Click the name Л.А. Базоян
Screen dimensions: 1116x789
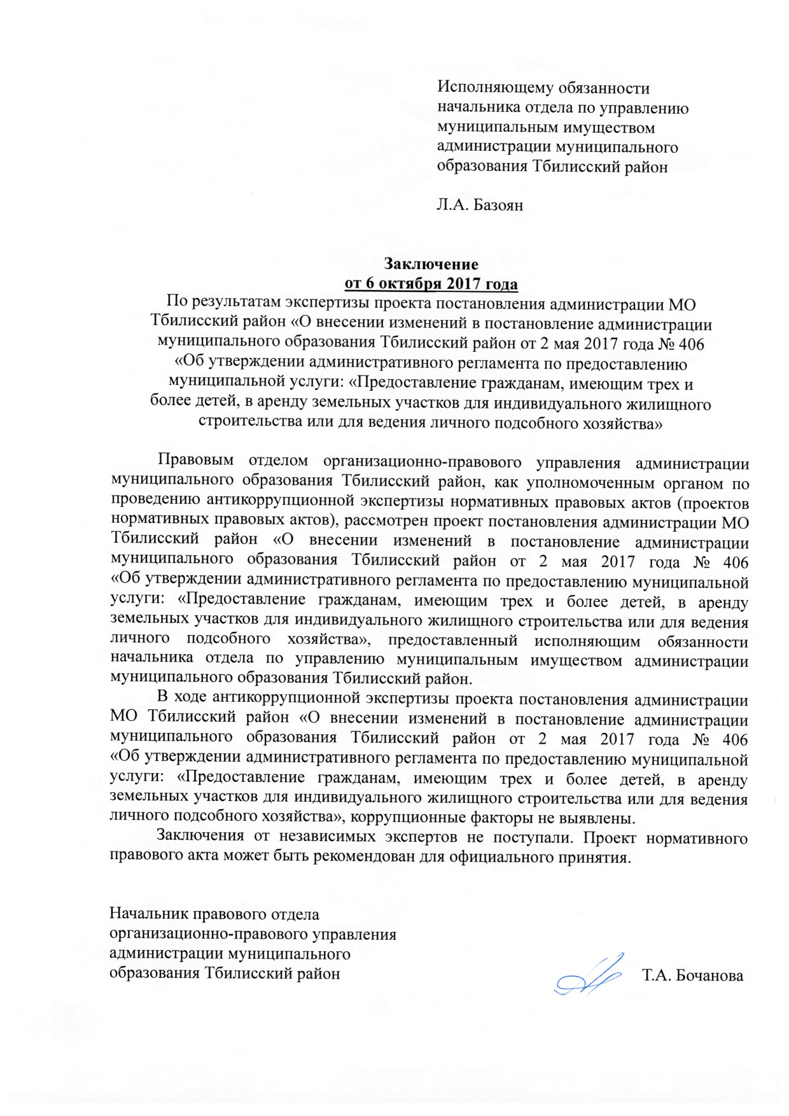click(480, 205)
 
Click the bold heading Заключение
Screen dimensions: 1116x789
click(431, 263)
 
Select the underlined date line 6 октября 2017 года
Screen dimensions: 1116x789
click(431, 283)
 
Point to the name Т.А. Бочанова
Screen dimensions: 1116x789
click(693, 975)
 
